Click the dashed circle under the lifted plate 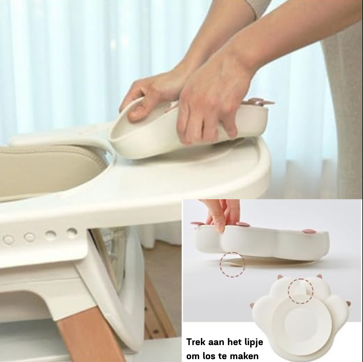232,265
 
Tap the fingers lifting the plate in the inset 220,220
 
